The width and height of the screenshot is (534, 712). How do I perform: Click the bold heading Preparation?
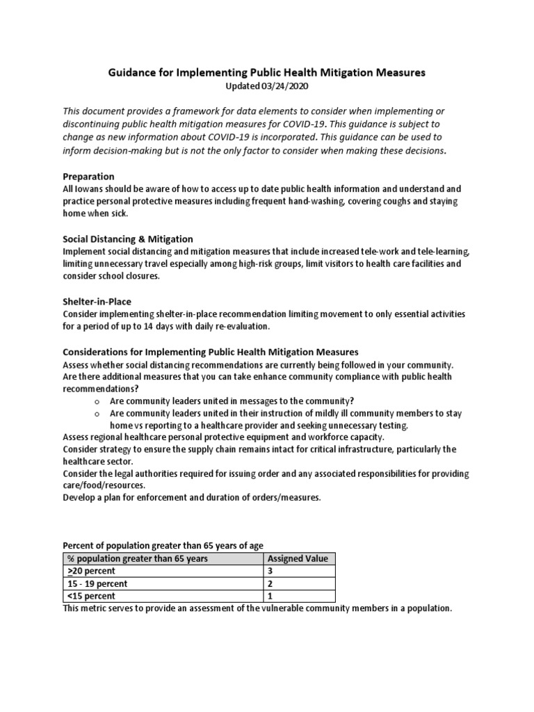tap(89, 177)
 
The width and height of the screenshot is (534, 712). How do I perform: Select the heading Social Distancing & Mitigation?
tap(128, 239)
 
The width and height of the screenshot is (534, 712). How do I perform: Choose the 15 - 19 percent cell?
tap(97, 583)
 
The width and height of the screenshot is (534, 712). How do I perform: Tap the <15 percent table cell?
tap(90, 596)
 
